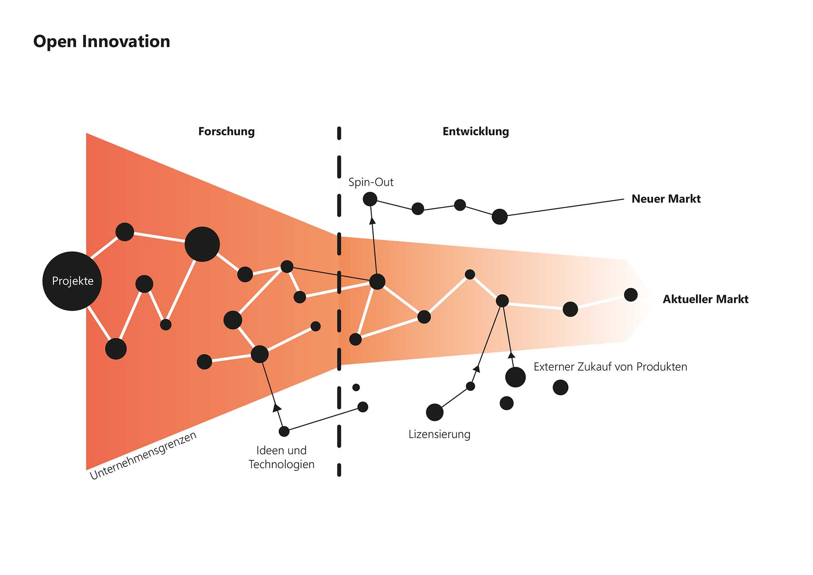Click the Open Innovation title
point(102,41)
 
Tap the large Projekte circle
point(72,281)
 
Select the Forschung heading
point(227,131)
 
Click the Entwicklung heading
point(476,131)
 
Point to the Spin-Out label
point(371,182)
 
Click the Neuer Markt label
point(666,199)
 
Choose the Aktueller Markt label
point(705,299)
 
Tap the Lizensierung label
point(439,434)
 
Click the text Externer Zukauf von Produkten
point(610,367)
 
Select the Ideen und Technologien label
point(281,457)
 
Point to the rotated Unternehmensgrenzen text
point(144,455)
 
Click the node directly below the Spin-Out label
point(370,199)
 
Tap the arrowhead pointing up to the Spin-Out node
point(372,220)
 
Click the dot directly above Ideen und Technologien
point(284,431)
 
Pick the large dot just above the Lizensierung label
point(434,412)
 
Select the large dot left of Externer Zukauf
point(515,377)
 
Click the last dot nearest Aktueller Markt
point(630,295)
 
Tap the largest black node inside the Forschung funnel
point(202,244)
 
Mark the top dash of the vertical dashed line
point(339,133)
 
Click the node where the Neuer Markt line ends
point(500,216)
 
